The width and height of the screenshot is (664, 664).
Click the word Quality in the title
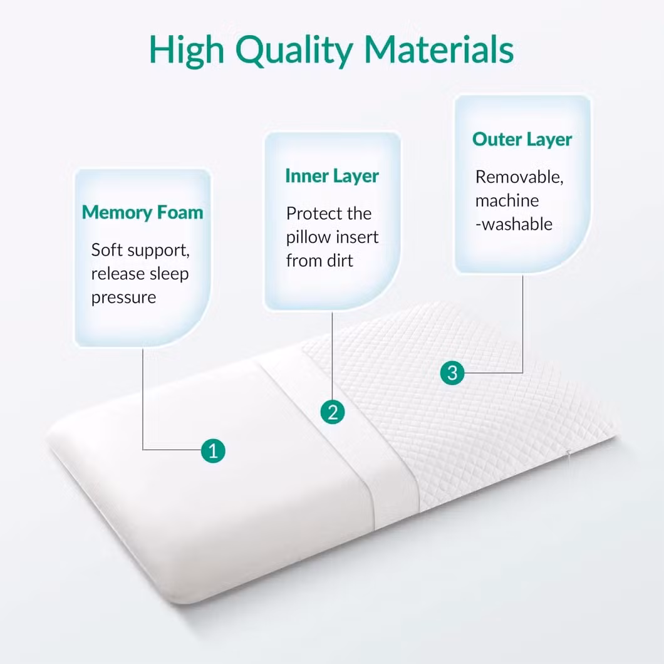[294, 51]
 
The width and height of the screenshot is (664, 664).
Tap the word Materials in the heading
[438, 49]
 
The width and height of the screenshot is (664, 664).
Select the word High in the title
[186, 51]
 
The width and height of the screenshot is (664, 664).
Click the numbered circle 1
[213, 450]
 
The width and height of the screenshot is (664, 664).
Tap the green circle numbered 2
[333, 412]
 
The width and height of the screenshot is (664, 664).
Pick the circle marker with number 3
[452, 373]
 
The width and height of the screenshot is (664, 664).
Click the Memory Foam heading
[143, 212]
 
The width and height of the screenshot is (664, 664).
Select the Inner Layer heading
[332, 176]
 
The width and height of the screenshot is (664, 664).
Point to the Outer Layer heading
[522, 139]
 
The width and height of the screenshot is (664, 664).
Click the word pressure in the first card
[123, 298]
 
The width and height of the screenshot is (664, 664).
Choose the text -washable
[514, 224]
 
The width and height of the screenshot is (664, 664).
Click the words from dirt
[319, 261]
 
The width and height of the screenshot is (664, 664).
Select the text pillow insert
[332, 237]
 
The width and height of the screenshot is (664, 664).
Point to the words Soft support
[140, 251]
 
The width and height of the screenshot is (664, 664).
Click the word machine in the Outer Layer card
[507, 200]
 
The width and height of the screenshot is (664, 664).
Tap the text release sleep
[140, 274]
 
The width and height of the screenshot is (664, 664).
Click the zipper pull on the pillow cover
[569, 454]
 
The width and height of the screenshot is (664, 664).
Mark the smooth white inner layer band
[339, 436]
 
